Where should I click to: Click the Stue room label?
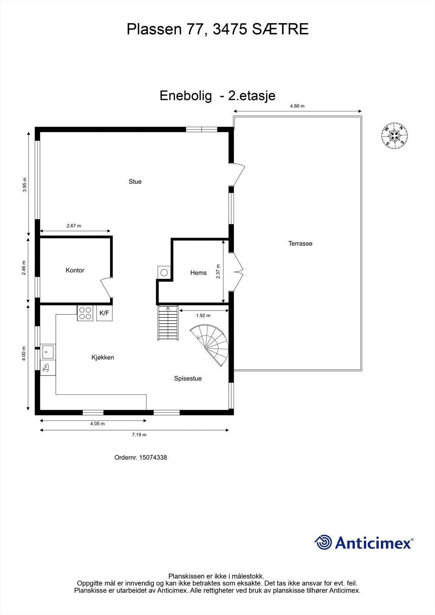click(135, 182)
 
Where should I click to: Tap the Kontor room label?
click(75, 270)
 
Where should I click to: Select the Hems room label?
click(198, 273)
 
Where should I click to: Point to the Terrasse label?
click(300, 243)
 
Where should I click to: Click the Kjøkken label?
click(103, 357)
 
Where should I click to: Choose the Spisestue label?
click(188, 379)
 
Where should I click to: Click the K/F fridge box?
click(104, 313)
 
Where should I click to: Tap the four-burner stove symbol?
click(85, 313)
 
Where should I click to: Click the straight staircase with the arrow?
click(168, 322)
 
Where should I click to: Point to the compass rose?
click(394, 135)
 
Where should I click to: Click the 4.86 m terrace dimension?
click(297, 106)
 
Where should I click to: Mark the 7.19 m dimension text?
click(139, 435)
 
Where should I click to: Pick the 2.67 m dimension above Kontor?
click(74, 226)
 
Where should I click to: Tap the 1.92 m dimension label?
click(203, 316)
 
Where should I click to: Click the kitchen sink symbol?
click(48, 351)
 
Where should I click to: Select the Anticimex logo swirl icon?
click(323, 542)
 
